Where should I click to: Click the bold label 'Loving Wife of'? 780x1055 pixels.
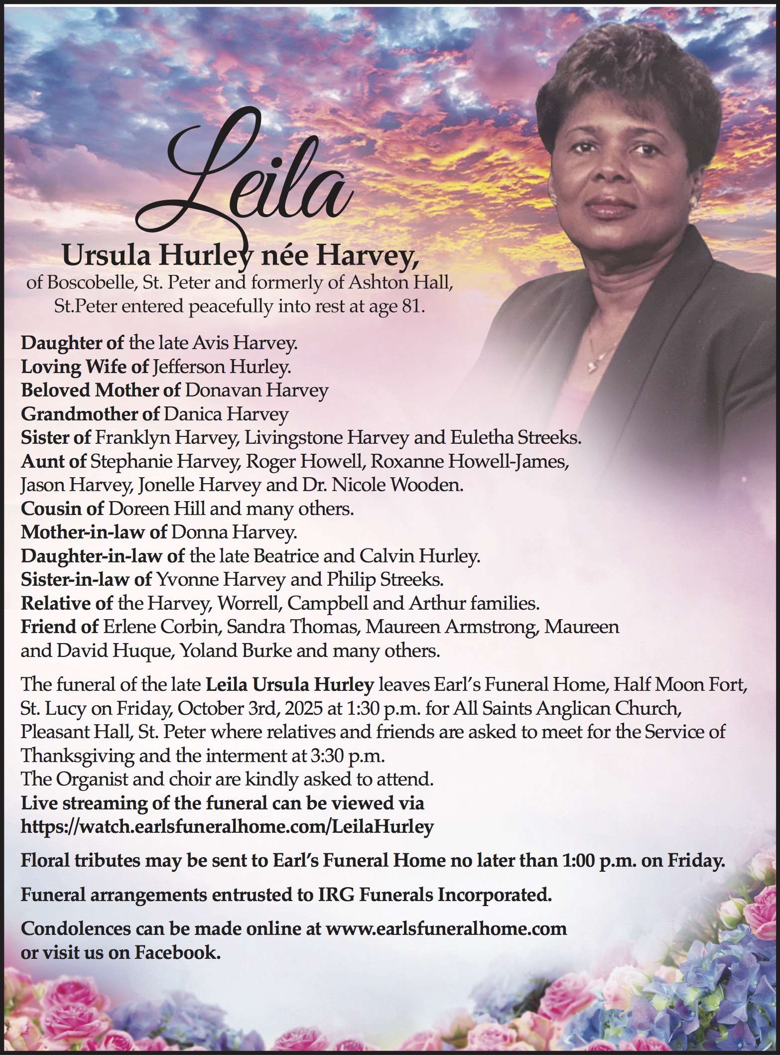[x=85, y=367]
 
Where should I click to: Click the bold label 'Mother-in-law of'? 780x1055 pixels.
[x=94, y=532]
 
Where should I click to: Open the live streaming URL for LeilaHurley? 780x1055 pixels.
[x=227, y=827]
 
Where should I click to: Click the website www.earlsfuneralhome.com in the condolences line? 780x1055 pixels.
[x=446, y=928]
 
